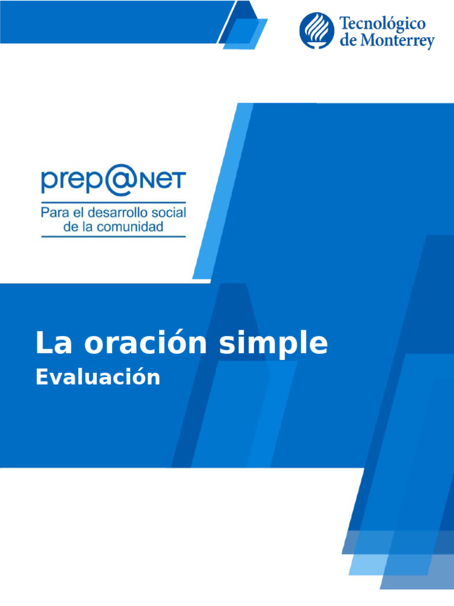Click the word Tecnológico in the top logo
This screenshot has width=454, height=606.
382,24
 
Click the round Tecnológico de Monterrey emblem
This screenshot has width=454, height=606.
317,31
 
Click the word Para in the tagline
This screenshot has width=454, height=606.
51,212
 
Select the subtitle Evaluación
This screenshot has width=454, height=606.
98,377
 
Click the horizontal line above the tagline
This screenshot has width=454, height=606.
113,202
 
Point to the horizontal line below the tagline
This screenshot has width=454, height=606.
113,237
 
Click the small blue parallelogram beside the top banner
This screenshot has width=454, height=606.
245,33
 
